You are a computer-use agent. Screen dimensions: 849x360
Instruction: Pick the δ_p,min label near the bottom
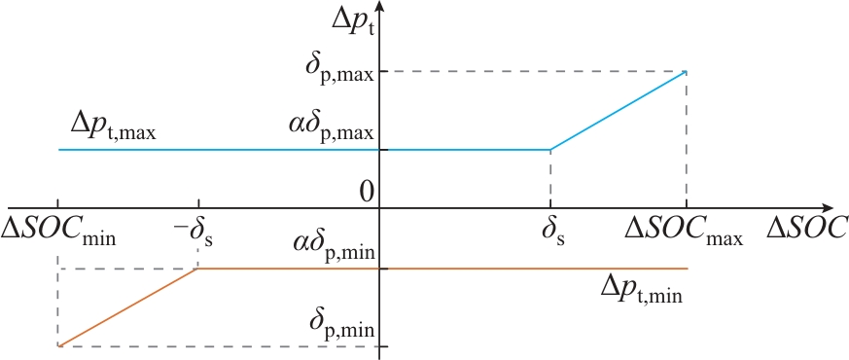point(341,323)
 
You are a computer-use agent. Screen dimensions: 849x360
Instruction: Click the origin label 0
point(367,193)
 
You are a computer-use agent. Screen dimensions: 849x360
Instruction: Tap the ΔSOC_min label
point(58,230)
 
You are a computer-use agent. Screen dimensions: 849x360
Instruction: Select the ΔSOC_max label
point(684,230)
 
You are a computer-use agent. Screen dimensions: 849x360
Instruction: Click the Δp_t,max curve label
point(113,127)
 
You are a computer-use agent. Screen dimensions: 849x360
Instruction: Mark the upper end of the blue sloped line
point(686,71)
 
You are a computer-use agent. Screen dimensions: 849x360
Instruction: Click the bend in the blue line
point(550,150)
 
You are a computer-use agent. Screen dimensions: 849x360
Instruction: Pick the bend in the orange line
point(198,269)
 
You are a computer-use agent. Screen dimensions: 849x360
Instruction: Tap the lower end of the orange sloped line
point(58,346)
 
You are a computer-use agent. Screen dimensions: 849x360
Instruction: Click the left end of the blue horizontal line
point(58,150)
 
